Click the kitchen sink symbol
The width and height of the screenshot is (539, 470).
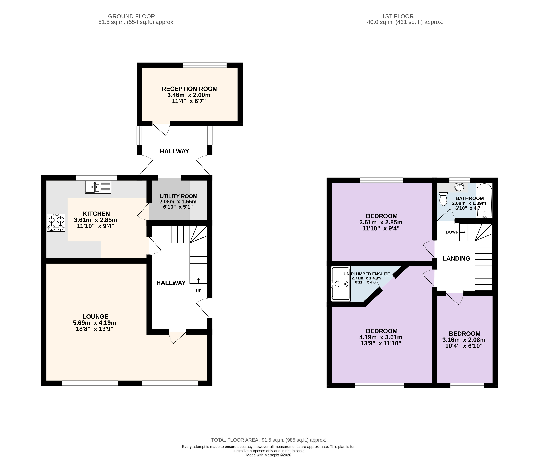98,187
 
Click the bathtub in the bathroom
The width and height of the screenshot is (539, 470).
484,201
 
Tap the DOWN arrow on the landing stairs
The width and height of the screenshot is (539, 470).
462,232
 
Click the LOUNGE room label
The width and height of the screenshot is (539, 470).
95,317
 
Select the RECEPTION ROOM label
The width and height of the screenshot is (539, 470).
189,89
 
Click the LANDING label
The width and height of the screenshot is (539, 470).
456,259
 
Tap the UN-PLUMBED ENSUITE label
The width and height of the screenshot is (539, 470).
367,274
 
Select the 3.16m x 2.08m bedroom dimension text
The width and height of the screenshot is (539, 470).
464,340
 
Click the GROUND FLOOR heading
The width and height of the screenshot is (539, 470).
132,16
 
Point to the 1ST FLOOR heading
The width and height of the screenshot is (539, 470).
398,16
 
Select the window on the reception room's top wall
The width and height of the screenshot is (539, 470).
205,65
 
